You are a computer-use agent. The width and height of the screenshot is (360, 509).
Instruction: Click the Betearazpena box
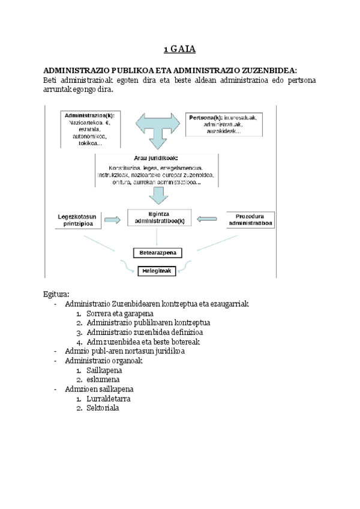point(157,253)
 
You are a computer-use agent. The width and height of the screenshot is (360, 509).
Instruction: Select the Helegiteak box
point(157,271)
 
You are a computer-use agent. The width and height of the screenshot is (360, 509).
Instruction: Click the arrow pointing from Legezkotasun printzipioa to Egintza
point(112,221)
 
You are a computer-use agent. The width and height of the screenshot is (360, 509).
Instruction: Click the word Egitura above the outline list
point(56,294)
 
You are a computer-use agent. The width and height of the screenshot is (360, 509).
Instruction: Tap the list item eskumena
point(103,379)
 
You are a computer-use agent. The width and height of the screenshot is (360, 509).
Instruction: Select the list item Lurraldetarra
point(109,399)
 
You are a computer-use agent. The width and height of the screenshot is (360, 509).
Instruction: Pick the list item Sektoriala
point(103,408)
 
